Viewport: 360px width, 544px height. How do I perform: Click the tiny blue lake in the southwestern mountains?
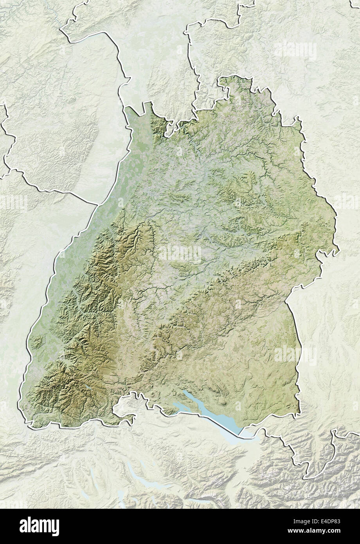pyautogui.click(x=88, y=387)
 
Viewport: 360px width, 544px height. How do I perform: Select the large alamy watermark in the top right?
pyautogui.click(x=295, y=51)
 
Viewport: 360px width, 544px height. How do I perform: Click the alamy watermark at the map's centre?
pyautogui.click(x=180, y=254)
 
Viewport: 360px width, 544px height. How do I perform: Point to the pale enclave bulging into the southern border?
pyautogui.click(x=125, y=411)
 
